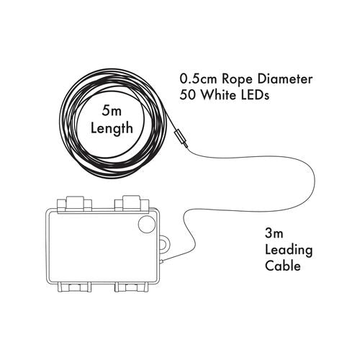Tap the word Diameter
(285, 79)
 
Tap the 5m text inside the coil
(112, 111)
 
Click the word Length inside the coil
(112, 128)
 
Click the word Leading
(289, 251)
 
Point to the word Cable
(283, 266)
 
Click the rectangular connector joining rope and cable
(181, 139)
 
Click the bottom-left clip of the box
(74, 287)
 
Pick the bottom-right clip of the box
(131, 287)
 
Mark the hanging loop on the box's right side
(166, 244)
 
